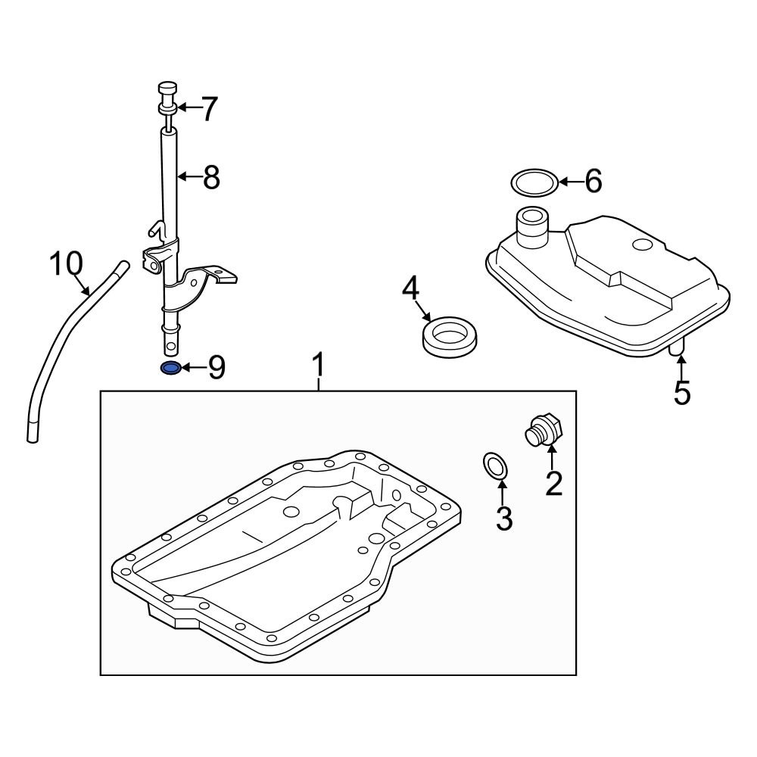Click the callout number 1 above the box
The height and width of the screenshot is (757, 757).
point(319,366)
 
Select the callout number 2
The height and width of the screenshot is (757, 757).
point(553,482)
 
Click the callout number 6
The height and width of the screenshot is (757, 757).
point(593,181)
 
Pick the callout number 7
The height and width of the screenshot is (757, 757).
point(207,110)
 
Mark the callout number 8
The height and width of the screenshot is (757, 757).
point(210,177)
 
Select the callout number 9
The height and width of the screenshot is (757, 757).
point(217,368)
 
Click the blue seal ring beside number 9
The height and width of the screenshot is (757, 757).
point(171,369)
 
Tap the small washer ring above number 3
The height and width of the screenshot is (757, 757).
point(494,466)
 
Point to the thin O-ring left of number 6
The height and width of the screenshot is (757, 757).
point(533,182)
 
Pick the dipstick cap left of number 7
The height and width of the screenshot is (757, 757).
point(167,97)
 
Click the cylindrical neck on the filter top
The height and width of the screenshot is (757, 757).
point(530,225)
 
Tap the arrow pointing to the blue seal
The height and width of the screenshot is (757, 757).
point(193,369)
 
